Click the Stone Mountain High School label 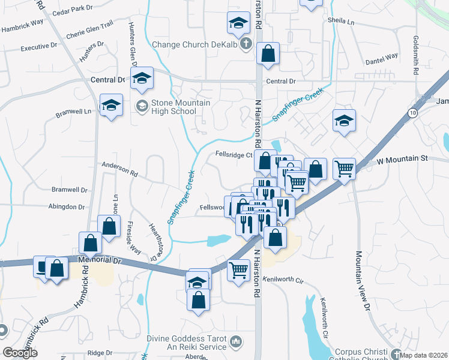click(x=174, y=107)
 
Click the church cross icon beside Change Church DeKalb click(x=246, y=44)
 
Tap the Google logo click(x=20, y=353)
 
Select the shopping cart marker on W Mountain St click(x=344, y=169)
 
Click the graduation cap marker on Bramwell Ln click(x=111, y=105)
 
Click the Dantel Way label click(x=382, y=56)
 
